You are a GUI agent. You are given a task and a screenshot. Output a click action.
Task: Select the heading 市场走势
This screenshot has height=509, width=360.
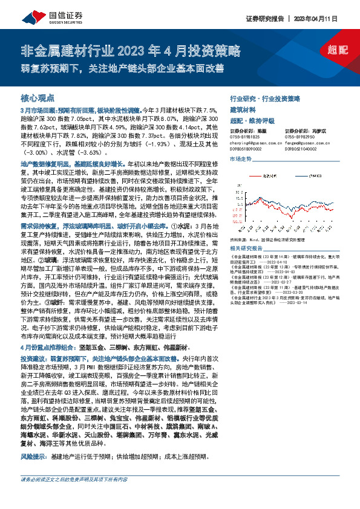pyautogui.click(x=240, y=158)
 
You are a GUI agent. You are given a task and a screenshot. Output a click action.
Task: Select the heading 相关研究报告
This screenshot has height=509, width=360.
pyautogui.click(x=244, y=248)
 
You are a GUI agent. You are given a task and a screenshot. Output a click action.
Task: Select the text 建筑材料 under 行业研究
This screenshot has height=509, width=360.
pyautogui.click(x=242, y=109)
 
